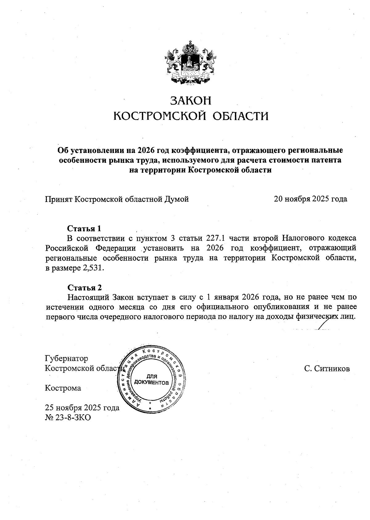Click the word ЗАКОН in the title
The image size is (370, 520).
click(191, 101)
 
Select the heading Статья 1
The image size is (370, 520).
click(84, 229)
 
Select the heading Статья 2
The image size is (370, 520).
click(84, 288)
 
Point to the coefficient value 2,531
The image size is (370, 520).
click(93, 267)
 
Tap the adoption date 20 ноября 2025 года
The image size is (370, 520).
click(310, 199)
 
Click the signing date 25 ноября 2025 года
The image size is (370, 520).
click(82, 408)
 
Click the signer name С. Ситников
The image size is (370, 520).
click(327, 369)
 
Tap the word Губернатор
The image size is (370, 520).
click(67, 358)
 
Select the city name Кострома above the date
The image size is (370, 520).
click(63, 388)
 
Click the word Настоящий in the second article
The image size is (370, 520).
click(87, 297)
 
